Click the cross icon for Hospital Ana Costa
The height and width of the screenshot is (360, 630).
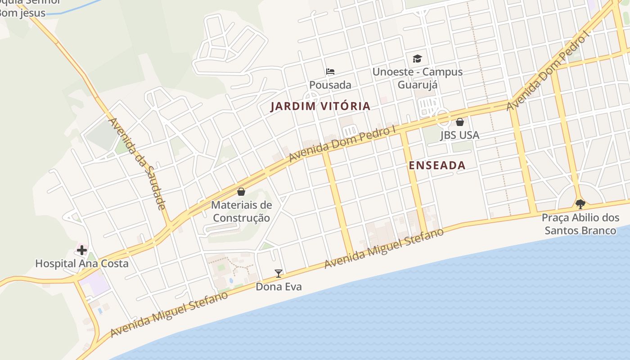point(82,250)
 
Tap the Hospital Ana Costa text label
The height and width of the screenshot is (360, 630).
point(82,264)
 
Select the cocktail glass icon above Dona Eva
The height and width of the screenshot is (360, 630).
point(279,273)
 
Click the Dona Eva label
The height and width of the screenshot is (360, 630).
point(279,287)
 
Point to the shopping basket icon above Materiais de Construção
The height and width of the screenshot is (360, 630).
point(241,192)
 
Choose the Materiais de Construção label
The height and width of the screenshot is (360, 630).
point(241,211)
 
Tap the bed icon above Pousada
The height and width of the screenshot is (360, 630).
point(330,72)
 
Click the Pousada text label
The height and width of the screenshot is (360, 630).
point(330,85)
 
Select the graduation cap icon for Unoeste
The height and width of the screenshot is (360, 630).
point(418,58)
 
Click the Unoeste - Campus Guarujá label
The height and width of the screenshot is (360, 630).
point(418,78)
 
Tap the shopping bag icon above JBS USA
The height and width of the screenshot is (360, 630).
point(460,122)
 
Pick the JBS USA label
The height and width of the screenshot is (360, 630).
point(460,135)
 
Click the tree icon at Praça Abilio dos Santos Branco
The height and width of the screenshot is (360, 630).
point(580,204)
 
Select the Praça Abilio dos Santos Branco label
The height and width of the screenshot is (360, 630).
point(580,224)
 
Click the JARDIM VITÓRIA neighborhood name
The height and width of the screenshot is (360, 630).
point(320,107)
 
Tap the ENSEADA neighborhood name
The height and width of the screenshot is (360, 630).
point(437,166)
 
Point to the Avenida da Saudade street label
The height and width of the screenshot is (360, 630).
point(138,164)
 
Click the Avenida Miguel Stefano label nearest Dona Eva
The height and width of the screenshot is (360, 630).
point(169,314)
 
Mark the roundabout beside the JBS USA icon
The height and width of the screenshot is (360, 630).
point(442,117)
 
